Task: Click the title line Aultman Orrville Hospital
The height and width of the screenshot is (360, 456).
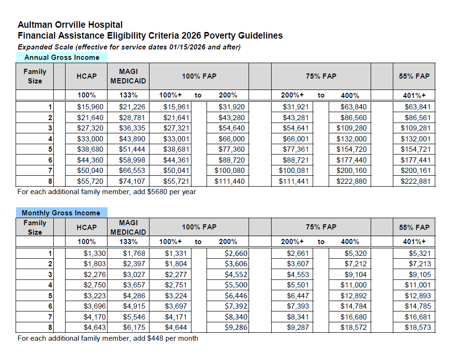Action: (70, 25)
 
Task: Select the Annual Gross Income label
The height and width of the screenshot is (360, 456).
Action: (62, 57)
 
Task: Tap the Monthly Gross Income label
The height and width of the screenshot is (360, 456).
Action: (61, 213)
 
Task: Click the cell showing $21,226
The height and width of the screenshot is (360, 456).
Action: (132, 107)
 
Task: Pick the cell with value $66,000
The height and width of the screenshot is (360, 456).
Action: (232, 139)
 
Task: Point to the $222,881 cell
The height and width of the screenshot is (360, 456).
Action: (415, 181)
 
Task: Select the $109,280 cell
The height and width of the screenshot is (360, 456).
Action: (351, 128)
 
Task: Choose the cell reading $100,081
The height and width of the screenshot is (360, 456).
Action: (293, 171)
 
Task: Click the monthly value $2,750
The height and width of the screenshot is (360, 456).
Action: (95, 285)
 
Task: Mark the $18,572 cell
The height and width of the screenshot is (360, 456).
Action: (353, 327)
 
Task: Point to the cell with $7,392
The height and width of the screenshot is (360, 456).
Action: (236, 306)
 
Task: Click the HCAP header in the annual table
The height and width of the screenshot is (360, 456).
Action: (86, 76)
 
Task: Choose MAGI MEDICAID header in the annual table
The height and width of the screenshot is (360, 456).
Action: (128, 76)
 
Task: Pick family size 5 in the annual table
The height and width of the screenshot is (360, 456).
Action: (50, 149)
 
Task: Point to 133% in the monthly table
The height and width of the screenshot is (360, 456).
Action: (128, 242)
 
